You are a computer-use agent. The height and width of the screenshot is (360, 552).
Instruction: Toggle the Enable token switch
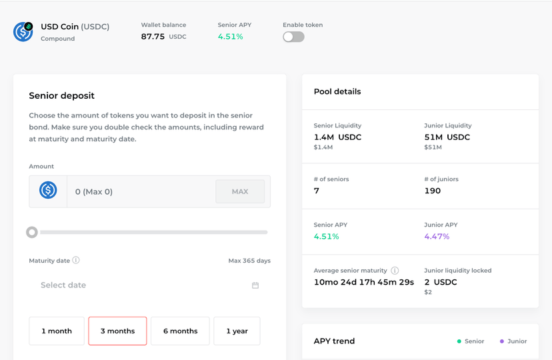click(293, 37)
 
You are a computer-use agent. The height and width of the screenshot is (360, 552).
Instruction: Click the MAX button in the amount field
click(240, 191)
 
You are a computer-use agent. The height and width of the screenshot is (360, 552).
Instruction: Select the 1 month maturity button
click(57, 331)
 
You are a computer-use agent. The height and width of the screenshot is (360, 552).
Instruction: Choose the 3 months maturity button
click(117, 331)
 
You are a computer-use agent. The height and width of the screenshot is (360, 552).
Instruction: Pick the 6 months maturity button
click(180, 331)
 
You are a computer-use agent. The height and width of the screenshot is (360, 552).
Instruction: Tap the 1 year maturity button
click(237, 331)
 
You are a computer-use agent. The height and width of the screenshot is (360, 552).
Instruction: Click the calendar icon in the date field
click(255, 285)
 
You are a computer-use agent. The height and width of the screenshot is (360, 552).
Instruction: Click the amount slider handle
click(32, 232)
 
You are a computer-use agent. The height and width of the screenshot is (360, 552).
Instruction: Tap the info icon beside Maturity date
click(76, 260)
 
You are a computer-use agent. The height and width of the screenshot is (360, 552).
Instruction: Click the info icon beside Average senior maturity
click(395, 270)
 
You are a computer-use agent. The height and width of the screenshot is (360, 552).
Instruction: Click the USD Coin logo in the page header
click(23, 32)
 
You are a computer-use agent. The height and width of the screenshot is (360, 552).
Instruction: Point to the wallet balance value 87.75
click(153, 37)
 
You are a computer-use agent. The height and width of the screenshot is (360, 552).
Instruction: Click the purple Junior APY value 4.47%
click(437, 237)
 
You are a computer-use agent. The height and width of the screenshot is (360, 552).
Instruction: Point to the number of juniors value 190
click(432, 191)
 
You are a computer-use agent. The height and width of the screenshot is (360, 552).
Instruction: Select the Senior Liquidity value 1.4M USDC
click(337, 137)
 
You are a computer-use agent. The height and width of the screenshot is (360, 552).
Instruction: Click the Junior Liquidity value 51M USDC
click(447, 137)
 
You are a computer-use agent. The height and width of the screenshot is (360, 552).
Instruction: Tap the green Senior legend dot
click(459, 341)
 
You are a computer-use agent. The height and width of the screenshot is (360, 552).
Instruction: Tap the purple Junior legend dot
click(502, 341)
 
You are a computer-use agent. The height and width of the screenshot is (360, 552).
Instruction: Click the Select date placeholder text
click(63, 285)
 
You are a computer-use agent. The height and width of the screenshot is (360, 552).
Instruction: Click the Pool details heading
click(337, 91)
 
